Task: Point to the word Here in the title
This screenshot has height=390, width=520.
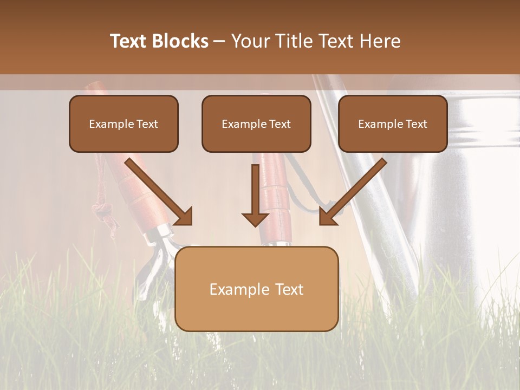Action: [x=380, y=41]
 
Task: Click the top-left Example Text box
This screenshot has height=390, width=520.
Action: [x=123, y=123]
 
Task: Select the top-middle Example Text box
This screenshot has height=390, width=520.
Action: [x=256, y=123]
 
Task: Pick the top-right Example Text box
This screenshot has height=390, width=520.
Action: [x=393, y=123]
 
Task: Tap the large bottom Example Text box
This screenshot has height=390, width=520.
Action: [x=256, y=289]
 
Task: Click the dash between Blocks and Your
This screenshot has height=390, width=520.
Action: [x=219, y=42]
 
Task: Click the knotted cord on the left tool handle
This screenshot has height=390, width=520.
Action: [x=102, y=209]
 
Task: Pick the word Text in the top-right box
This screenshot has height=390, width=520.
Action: [x=416, y=124]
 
